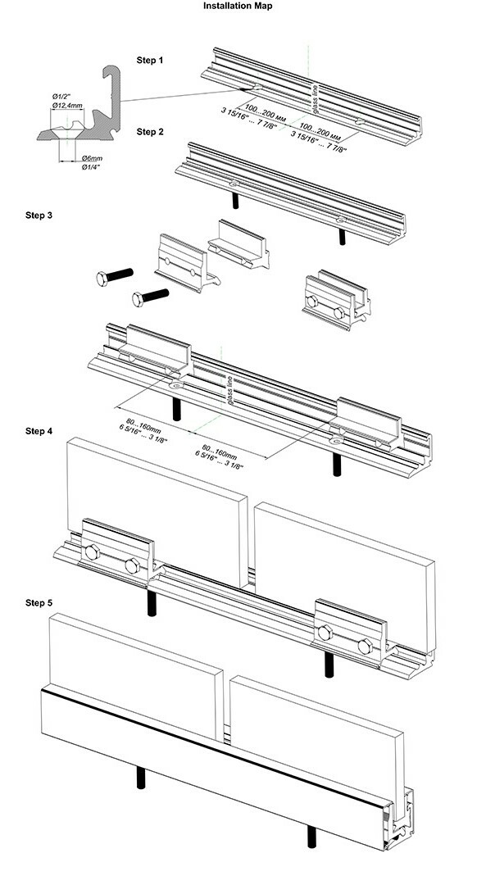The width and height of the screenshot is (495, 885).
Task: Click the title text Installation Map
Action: click(238, 6)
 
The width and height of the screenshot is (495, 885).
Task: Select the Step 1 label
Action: click(151, 61)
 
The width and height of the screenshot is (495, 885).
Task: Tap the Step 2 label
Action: click(151, 131)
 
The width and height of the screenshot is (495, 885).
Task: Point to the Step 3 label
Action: click(39, 216)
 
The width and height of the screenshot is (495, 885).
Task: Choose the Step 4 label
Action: click(39, 430)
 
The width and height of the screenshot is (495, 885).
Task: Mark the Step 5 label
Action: click(39, 602)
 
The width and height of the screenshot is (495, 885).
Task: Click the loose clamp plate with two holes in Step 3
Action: click(181, 261)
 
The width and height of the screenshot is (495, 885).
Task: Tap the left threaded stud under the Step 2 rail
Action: click(235, 200)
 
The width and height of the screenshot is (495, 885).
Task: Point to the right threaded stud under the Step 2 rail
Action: click(342, 235)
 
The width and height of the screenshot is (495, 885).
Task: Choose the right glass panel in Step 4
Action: click(344, 565)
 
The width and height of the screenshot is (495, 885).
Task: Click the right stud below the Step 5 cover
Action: click(311, 837)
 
